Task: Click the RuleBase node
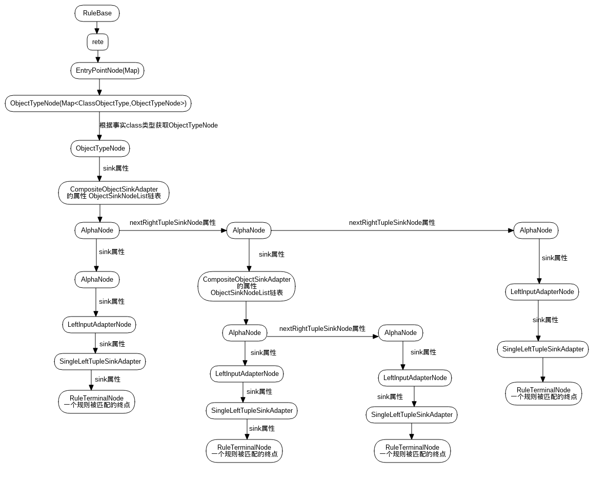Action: [97, 13]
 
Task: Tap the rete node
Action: [97, 42]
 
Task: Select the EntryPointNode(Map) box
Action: [107, 71]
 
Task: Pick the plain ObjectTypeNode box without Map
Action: [100, 149]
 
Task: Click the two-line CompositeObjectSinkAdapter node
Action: [114, 193]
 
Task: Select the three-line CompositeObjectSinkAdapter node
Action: [247, 286]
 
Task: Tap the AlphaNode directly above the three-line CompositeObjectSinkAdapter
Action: [249, 230]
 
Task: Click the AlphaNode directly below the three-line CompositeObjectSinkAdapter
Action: [245, 333]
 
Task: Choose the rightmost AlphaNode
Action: [536, 230]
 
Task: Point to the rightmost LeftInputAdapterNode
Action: [542, 292]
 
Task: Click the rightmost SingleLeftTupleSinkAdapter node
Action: [543, 349]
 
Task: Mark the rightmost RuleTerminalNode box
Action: [543, 393]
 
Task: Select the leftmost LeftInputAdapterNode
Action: [99, 325]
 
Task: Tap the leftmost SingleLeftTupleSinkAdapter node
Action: [100, 362]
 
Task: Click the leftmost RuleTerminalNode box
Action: [96, 402]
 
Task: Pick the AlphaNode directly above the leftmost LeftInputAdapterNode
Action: [97, 280]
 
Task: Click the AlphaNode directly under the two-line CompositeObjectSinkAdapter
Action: [97, 230]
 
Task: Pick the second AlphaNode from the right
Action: [400, 333]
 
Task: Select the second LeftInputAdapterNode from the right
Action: [415, 378]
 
